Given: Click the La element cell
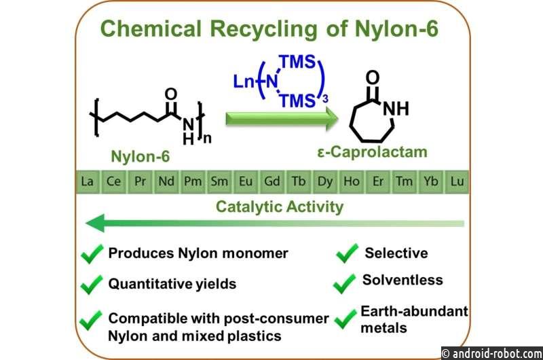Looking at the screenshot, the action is tap(88, 181).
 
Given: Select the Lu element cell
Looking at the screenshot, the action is tap(457, 181).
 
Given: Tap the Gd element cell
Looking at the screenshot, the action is tap(272, 181).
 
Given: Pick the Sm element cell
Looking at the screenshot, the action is tap(219, 181).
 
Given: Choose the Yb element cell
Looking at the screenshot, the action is tap(431, 181).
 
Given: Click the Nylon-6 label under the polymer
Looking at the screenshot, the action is tap(141, 157).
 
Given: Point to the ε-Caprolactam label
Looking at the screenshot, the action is tap(372, 152).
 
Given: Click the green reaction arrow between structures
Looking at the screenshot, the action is tap(282, 119).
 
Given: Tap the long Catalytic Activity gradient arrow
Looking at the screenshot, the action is tap(275, 223).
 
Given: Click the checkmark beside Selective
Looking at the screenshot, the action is tap(347, 253).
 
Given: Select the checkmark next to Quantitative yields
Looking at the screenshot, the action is tap(92, 285).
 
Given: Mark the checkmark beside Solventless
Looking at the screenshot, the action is tap(344, 284).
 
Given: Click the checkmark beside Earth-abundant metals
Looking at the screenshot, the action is tap(345, 319).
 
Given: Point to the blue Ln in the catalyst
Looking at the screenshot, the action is tap(244, 82).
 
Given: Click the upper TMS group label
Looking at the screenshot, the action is tap(298, 62).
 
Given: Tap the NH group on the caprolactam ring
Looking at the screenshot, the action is tap(396, 109).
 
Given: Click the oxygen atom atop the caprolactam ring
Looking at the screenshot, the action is tap(373, 78).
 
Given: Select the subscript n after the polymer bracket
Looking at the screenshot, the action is tap(207, 139).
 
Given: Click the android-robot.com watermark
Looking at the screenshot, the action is tap(492, 353).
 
